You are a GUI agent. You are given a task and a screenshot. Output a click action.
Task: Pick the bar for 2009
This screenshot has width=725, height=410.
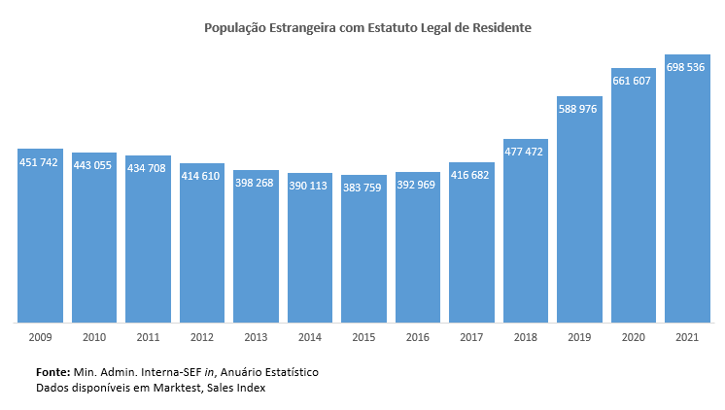40,243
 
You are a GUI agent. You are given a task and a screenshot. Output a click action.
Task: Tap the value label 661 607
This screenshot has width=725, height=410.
634,81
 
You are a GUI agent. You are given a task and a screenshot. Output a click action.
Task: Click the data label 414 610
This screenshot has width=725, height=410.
202,176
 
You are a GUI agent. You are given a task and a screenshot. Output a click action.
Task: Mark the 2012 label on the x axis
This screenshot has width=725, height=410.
202,336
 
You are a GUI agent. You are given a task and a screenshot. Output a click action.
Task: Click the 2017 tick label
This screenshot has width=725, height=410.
472,336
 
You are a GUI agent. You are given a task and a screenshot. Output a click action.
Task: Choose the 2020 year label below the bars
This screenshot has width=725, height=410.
634,336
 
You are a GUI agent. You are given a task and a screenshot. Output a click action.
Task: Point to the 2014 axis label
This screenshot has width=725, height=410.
310,336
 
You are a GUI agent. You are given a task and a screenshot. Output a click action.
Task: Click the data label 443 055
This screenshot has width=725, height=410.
94,165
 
